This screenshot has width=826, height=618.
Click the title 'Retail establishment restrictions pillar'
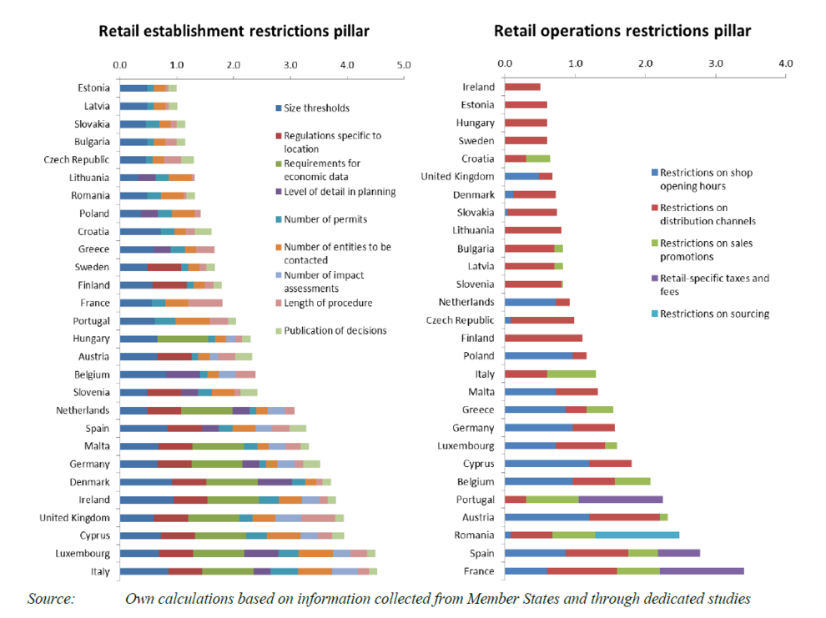(234, 32)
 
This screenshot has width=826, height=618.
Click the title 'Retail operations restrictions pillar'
(622, 32)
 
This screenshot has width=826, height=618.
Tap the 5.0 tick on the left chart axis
(404, 64)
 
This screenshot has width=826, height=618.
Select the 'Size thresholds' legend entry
(316, 108)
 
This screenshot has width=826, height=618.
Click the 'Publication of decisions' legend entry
(335, 330)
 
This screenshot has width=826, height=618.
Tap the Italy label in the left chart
(98, 571)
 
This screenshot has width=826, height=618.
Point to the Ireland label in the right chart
(478, 87)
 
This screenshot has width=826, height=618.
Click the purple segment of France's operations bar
(701, 571)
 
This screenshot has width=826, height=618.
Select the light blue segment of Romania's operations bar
(637, 535)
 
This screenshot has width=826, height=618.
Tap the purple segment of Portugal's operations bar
(620, 500)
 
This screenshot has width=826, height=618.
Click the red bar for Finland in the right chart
(543, 339)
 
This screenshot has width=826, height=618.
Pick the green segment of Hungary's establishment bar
(183, 339)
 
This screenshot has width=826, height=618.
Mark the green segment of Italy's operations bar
(572, 374)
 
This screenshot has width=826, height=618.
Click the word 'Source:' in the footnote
(51, 599)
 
